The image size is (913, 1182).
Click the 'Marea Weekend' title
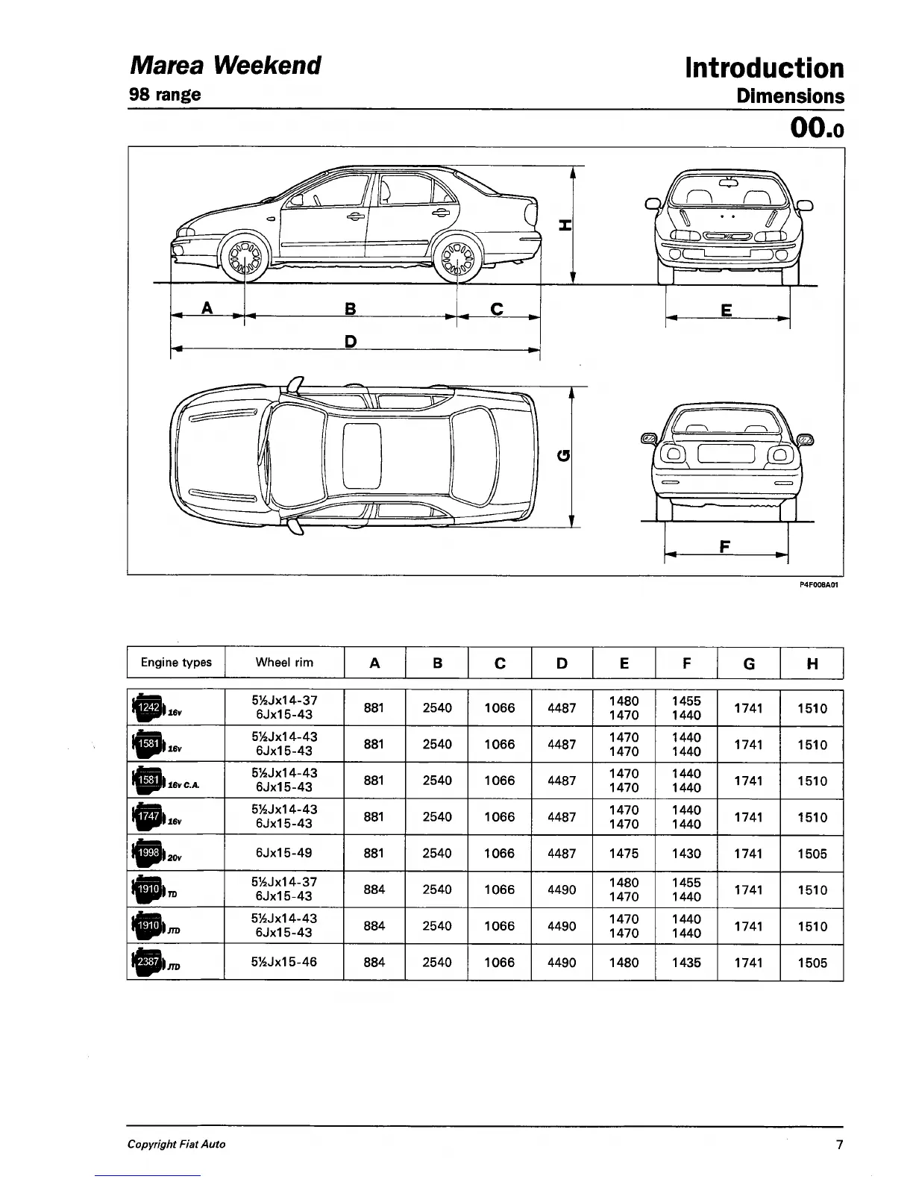tap(225, 65)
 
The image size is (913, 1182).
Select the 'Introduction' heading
tap(765, 68)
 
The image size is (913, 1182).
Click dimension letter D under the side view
tap(351, 342)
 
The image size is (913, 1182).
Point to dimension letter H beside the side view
tap(564, 225)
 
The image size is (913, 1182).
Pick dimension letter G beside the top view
tap(564, 455)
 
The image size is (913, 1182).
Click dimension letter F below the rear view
tap(724, 546)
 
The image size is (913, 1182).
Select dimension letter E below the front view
tap(727, 310)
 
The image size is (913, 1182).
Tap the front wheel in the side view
tap(245, 259)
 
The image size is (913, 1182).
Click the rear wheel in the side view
tap(456, 259)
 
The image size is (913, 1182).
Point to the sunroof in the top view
tap(362, 455)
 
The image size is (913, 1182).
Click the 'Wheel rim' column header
tap(284, 663)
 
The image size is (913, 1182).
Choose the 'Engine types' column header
tap(176, 663)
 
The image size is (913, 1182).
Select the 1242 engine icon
tap(147, 707)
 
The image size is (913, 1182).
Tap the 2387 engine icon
tap(147, 963)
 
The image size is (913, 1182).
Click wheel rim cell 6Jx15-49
tap(284, 853)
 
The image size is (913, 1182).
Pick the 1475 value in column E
tap(624, 854)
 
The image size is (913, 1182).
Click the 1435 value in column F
tap(686, 963)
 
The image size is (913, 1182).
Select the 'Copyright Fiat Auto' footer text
tap(176, 1144)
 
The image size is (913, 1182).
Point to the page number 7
tap(839, 1144)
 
